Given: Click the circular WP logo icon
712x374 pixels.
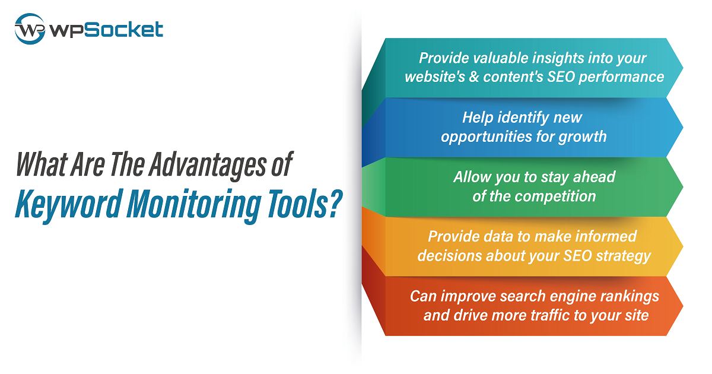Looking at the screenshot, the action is (x=30, y=28).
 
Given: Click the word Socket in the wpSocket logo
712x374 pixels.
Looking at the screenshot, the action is (x=123, y=30).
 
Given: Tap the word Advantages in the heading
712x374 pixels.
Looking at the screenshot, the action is (x=208, y=164).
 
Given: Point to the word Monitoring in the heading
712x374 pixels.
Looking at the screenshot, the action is (x=194, y=204).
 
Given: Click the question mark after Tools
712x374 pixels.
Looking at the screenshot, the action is (x=336, y=203).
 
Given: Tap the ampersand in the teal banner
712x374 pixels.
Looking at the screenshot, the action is (x=474, y=77).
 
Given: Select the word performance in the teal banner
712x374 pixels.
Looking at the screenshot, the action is (x=621, y=77).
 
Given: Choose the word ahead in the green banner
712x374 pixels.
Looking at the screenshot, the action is (x=594, y=177).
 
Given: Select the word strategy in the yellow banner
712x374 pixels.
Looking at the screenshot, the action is (x=623, y=256).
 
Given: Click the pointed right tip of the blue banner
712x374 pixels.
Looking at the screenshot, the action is (x=682, y=128).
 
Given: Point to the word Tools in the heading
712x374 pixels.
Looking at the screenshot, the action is (x=297, y=203).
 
